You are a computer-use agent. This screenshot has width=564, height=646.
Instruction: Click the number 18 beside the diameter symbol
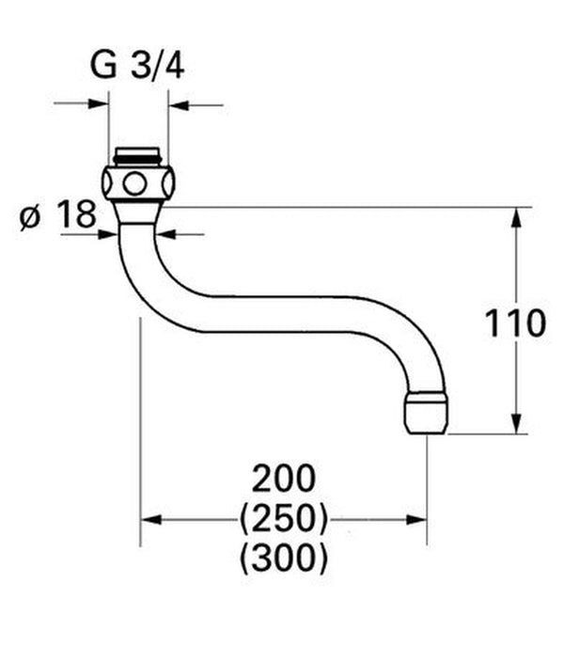point(76,215)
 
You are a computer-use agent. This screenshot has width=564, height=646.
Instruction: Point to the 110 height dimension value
point(514,323)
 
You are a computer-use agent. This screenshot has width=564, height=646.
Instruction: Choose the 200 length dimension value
point(283,479)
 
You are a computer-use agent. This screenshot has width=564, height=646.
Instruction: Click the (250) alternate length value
point(283,518)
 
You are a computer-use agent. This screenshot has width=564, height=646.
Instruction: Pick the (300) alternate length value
point(283,559)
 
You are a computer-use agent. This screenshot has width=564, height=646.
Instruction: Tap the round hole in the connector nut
point(137,182)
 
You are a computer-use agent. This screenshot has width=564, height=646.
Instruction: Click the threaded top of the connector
point(138,156)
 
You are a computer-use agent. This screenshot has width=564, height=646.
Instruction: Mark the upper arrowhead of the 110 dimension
point(516,217)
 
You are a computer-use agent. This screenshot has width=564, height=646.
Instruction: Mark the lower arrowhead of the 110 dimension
point(516,424)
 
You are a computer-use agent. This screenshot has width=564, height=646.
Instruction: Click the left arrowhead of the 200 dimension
point(150,519)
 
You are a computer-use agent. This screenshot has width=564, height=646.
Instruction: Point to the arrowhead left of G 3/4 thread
point(102,103)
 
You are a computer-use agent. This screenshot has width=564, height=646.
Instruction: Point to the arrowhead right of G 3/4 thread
point(178,103)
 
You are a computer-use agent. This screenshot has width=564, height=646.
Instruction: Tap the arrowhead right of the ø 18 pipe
point(165,233)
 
